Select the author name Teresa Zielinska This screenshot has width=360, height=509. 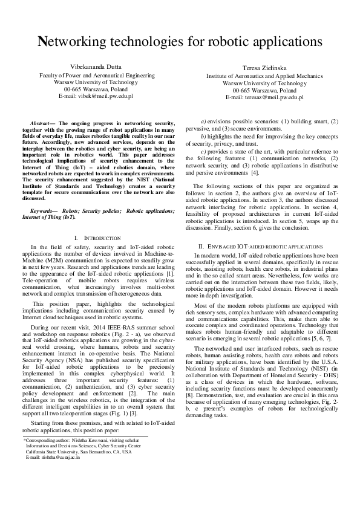[264, 70]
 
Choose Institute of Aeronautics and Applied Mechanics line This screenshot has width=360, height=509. [264, 77]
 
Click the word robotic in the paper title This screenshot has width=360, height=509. [228, 42]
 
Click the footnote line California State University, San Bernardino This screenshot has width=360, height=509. [79, 452]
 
